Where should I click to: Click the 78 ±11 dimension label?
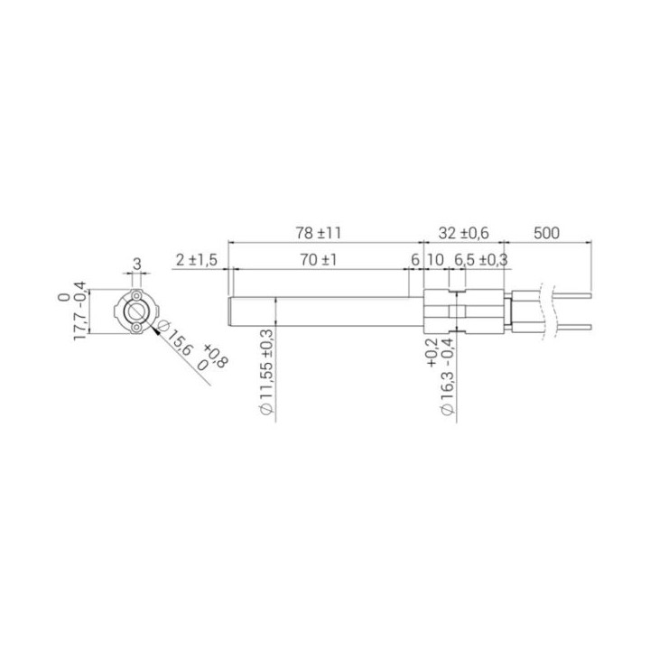319,233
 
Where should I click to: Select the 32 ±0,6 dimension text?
463,233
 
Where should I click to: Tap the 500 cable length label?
546,233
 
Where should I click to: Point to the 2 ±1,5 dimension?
197,260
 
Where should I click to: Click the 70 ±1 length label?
319,260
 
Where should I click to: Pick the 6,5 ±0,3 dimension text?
481,260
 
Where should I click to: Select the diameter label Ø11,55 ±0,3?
266,373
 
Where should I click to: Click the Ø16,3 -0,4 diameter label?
449,376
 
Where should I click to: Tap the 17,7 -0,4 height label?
79,311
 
